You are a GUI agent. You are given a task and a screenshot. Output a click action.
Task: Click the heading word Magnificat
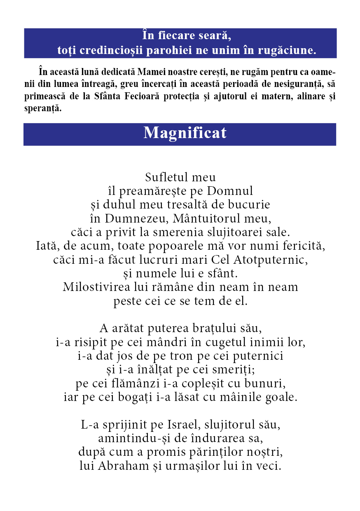(185, 133)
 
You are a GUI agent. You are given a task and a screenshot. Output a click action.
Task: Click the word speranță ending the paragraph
(42, 109)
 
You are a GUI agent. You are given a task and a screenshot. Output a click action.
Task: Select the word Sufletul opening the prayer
(161, 178)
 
